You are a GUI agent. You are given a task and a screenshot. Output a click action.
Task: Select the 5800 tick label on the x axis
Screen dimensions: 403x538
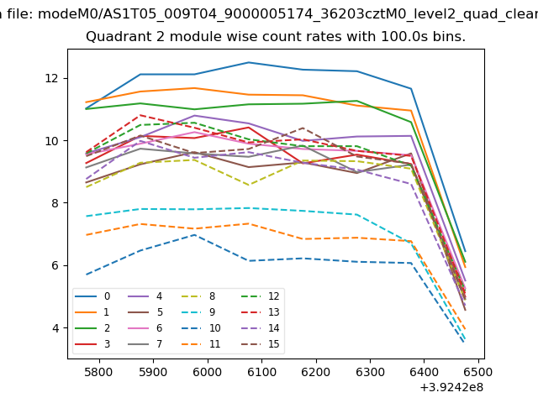tap(98, 370)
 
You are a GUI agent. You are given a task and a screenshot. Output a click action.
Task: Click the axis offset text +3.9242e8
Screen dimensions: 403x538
tap(451, 387)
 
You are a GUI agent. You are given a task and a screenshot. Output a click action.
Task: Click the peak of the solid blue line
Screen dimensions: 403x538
tap(249, 62)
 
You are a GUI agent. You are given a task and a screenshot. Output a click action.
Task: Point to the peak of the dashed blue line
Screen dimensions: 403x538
tap(195, 234)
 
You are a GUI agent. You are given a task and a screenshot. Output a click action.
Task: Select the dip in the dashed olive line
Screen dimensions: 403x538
tap(249, 185)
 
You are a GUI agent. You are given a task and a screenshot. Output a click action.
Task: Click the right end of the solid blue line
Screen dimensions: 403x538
tap(465, 250)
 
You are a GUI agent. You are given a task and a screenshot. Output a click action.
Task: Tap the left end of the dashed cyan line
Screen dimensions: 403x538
tap(87, 217)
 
